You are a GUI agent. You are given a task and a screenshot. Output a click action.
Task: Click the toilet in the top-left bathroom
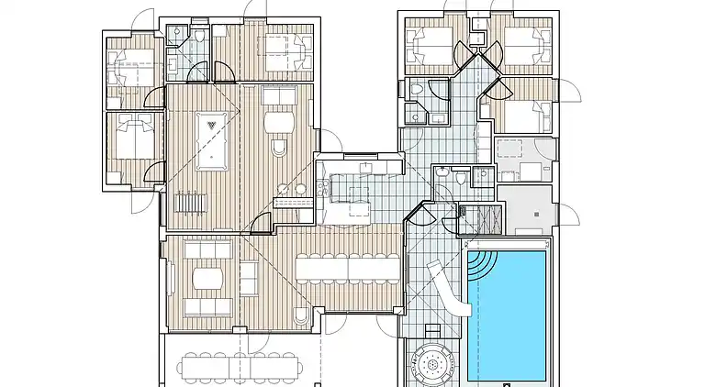(198, 36)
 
